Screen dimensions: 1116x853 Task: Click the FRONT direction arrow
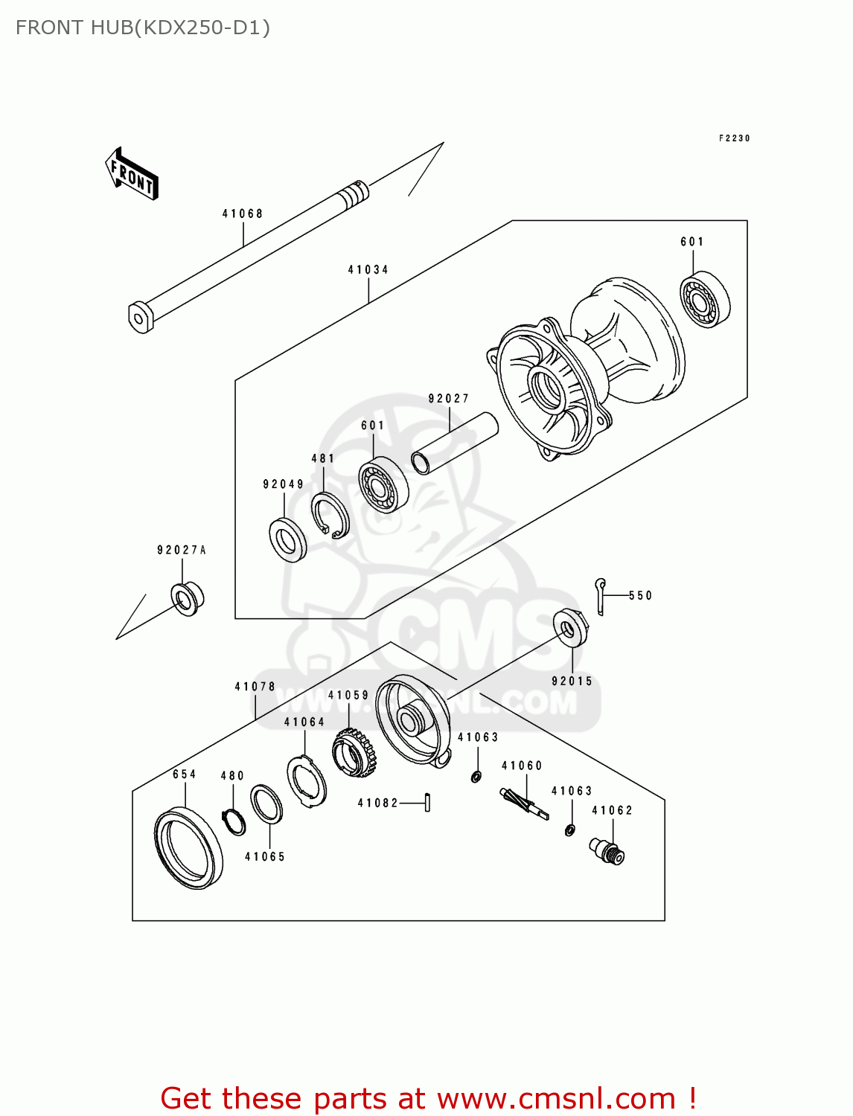132,173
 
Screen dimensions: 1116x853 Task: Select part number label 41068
243,214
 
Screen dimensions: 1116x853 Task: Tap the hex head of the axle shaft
140,317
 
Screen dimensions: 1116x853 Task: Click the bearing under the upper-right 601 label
705,301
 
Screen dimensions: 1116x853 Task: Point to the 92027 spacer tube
454,443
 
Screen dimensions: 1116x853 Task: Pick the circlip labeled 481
330,515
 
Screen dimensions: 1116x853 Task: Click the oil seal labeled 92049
287,539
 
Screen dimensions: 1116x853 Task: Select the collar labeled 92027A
187,598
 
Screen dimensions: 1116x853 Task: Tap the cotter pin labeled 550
600,595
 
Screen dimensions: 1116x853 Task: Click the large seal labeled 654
188,848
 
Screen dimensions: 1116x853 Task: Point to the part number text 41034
368,269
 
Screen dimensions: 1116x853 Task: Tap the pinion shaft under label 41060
523,804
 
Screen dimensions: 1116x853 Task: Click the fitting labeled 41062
607,850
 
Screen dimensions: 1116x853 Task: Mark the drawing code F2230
734,138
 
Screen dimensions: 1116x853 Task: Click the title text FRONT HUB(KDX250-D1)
143,28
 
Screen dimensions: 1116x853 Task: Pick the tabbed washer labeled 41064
307,780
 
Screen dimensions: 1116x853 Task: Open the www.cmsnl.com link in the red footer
555,1098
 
